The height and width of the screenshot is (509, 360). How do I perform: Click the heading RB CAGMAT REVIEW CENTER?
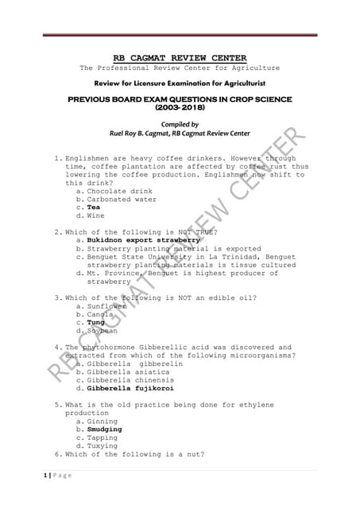pos(180,57)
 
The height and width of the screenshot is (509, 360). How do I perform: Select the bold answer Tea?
pos(94,207)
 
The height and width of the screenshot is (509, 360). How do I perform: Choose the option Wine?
pos(95,216)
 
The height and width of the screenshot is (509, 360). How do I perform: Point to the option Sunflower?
pos(106,306)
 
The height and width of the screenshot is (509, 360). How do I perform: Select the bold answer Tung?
pos(96,323)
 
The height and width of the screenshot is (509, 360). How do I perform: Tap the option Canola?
pos(101,315)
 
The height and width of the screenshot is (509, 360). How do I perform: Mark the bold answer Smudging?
pos(104,429)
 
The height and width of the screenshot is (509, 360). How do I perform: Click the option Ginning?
pos(103,422)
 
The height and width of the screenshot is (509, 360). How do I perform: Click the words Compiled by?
pos(180,125)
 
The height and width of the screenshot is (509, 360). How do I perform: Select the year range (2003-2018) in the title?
pos(180,107)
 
